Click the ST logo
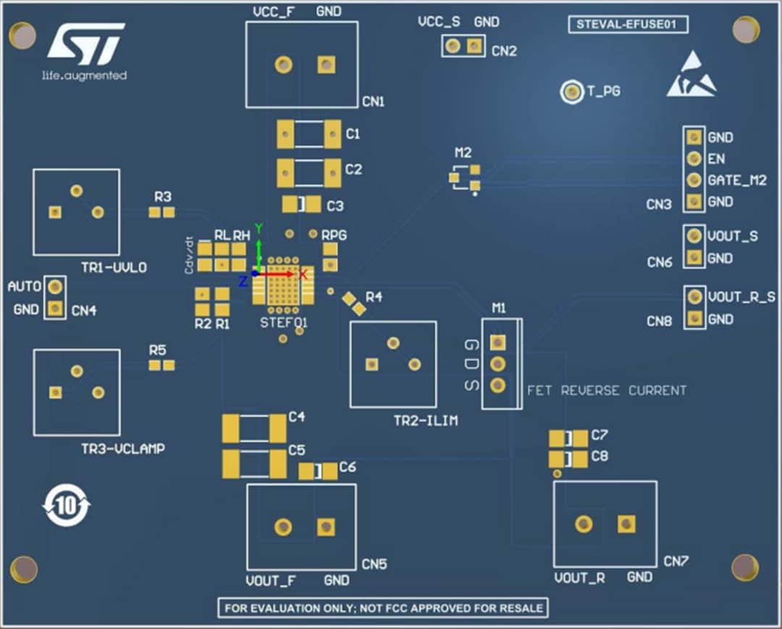[x=85, y=43]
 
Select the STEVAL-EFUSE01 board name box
[x=627, y=25]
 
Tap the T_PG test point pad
[x=573, y=92]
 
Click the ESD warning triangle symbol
[x=691, y=75]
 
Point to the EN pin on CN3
[x=694, y=158]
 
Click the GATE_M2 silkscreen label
[x=736, y=180]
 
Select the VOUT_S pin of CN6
[x=694, y=236]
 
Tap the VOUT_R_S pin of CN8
[x=694, y=296]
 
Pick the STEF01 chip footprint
[x=283, y=281]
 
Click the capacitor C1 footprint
[x=308, y=134]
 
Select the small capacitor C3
[x=301, y=205]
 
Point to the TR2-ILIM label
[x=425, y=421]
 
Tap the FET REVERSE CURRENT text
[x=606, y=391]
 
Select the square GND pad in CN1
[x=326, y=65]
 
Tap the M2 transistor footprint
[x=464, y=177]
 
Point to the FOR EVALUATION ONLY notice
[x=383, y=608]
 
